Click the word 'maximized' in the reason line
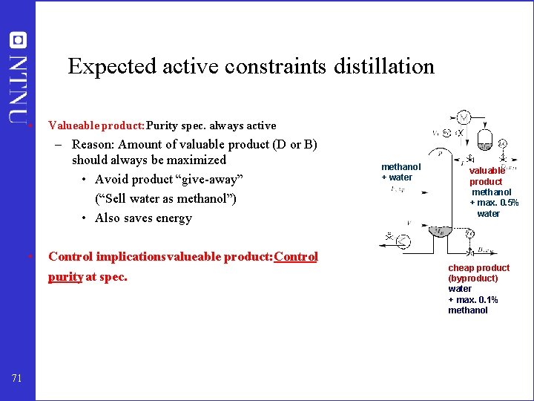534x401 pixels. (x=196, y=160)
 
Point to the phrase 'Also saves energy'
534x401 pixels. (x=143, y=218)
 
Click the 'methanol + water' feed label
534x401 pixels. (x=400, y=172)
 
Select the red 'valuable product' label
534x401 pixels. (x=487, y=176)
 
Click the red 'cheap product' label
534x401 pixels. (x=478, y=267)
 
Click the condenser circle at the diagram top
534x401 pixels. (x=463, y=118)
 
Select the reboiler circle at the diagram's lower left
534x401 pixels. (x=401, y=241)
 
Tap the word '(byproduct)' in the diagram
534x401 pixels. (x=472, y=278)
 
